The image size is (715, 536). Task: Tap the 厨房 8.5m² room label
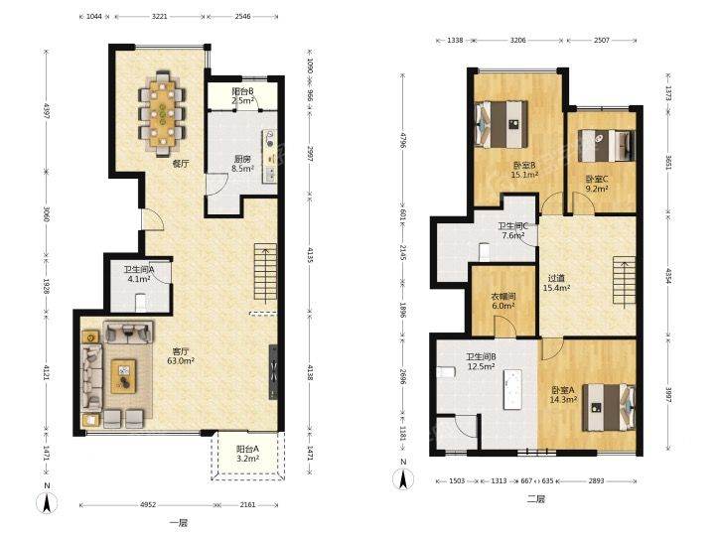[x=242, y=164]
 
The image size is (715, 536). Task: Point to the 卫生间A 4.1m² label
[x=138, y=274]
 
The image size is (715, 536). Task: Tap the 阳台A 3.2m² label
[x=247, y=454]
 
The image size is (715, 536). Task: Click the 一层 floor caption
[x=178, y=522]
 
